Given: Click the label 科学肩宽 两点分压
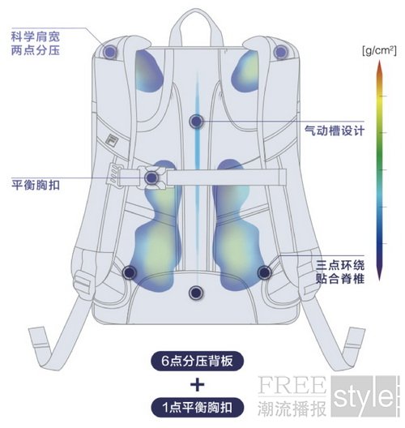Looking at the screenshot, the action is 36,44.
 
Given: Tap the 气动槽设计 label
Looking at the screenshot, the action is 335,131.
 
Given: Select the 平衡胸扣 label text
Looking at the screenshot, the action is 36,185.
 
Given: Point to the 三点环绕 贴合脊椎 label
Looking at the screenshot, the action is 340,272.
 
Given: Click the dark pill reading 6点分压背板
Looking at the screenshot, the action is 197,361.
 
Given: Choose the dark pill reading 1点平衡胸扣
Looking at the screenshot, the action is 197,408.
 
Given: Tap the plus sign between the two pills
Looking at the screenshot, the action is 197,384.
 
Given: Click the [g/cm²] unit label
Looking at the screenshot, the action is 379,50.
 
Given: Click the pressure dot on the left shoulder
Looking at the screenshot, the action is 110,51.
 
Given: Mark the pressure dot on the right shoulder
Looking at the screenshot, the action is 281,51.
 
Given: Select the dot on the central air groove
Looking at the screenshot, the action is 196,122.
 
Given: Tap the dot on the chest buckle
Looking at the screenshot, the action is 151,178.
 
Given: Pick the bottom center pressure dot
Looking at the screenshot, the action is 196,293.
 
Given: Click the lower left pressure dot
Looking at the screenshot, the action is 130,272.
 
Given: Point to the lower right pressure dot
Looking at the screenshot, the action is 264,272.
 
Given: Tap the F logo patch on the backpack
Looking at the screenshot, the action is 111,139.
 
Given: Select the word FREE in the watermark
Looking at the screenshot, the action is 292,385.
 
